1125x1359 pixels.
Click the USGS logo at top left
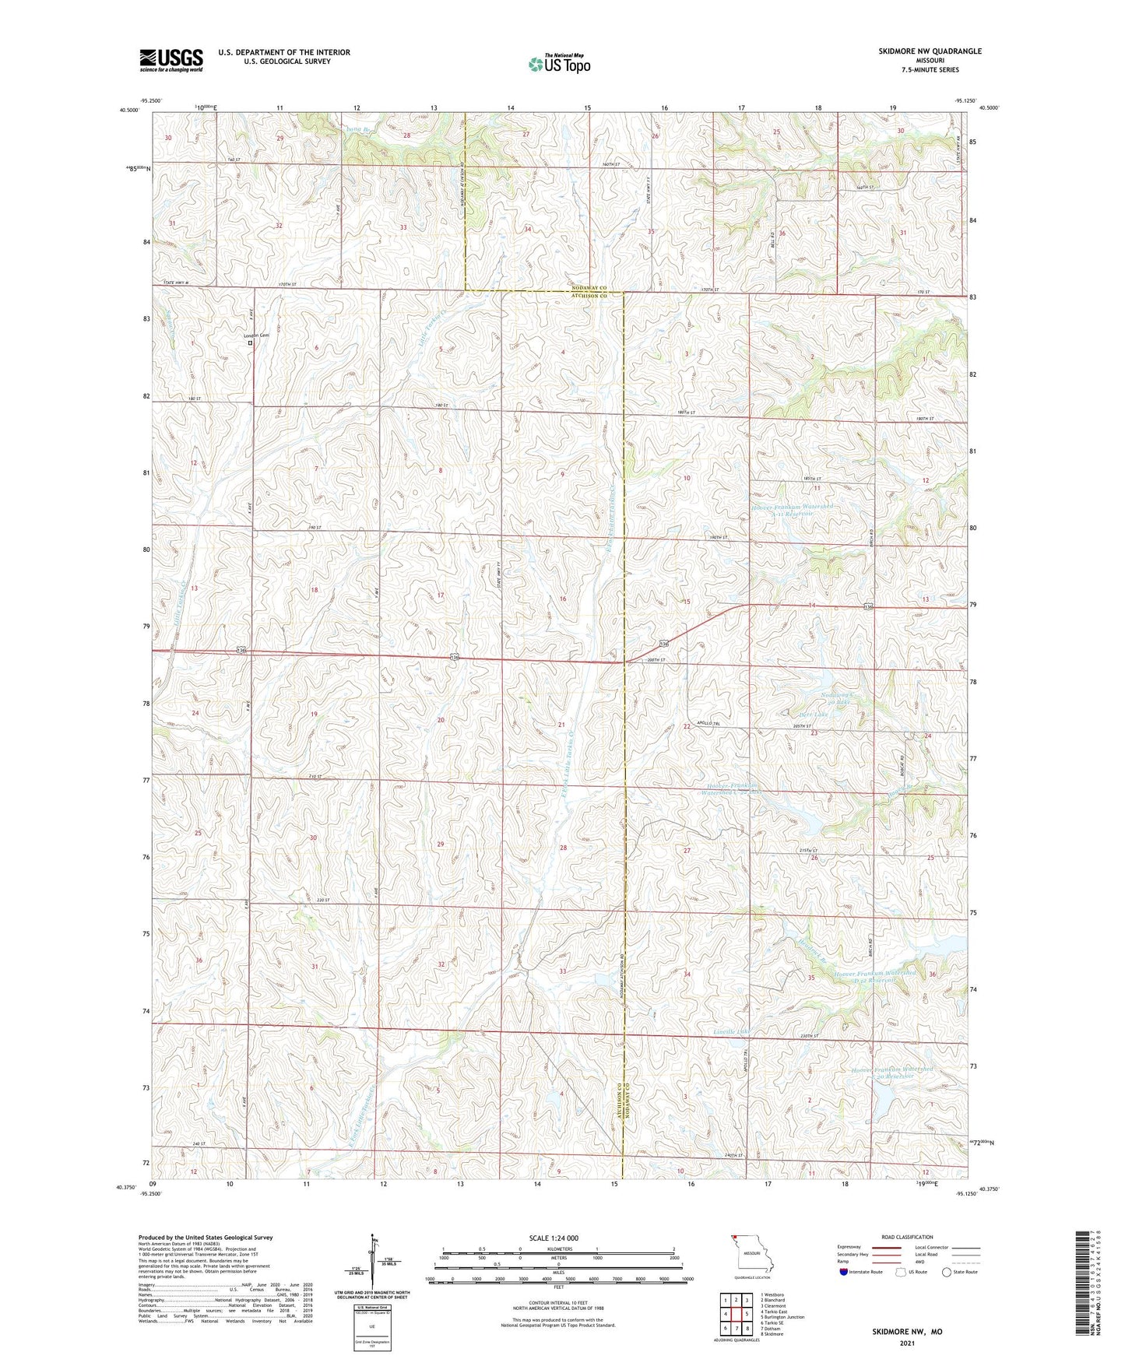[x=171, y=60]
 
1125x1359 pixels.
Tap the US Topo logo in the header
[x=559, y=64]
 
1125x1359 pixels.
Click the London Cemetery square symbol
[x=250, y=343]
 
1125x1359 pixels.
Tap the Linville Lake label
[x=731, y=1032]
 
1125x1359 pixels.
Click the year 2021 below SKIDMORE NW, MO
[x=906, y=1343]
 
